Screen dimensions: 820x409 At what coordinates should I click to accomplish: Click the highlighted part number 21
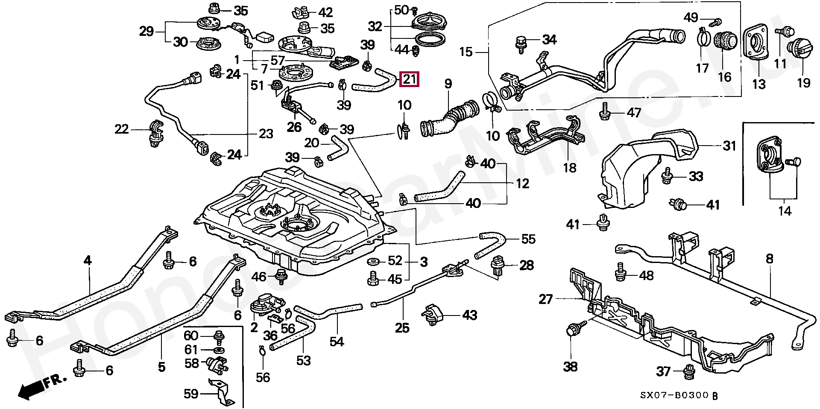tap(409, 79)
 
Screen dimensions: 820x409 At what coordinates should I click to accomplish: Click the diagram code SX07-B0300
tap(674, 396)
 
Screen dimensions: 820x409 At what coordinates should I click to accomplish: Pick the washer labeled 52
tap(375, 261)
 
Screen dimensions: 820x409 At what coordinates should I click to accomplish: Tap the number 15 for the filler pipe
tap(466, 53)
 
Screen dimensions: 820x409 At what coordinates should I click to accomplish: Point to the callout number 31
tap(729, 146)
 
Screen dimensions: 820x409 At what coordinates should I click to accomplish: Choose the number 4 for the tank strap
tap(87, 260)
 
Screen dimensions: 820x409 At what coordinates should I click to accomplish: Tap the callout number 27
tap(546, 299)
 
